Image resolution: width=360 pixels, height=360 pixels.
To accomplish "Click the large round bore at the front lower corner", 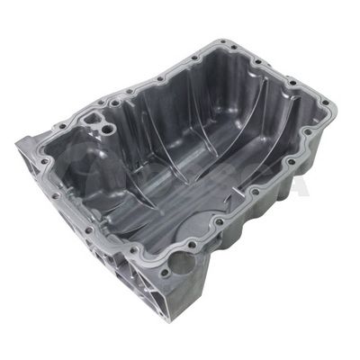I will click(x=181, y=264).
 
